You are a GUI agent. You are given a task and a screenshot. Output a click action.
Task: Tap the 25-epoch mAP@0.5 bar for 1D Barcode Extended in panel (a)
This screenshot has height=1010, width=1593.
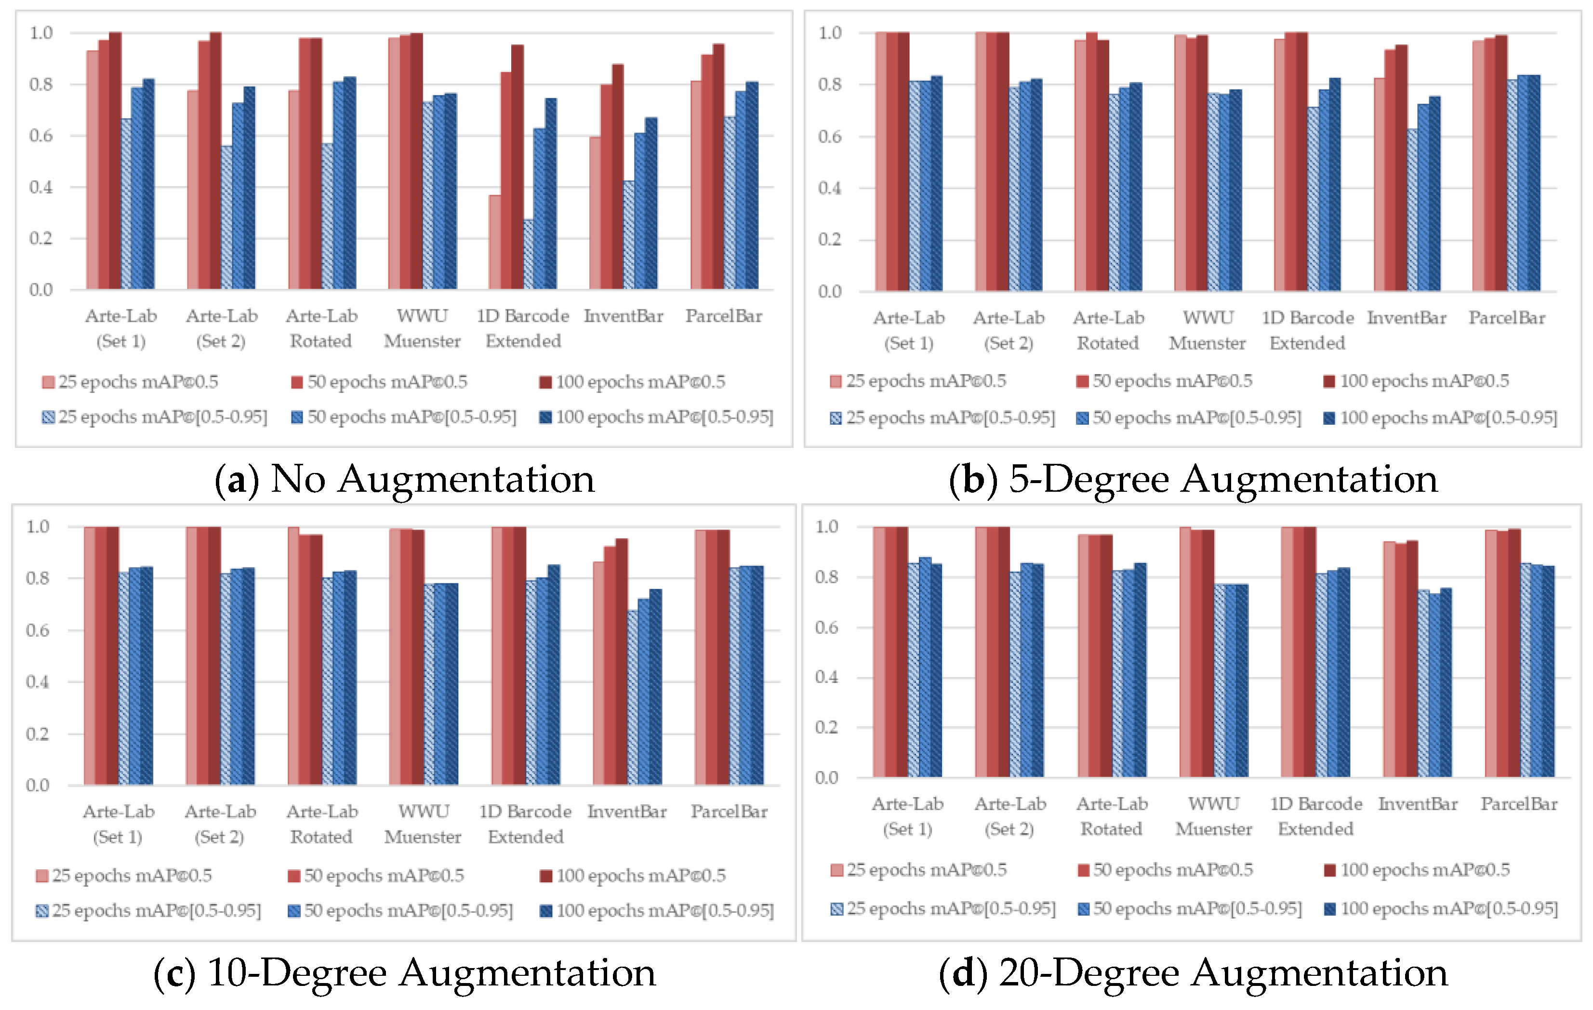[494, 242]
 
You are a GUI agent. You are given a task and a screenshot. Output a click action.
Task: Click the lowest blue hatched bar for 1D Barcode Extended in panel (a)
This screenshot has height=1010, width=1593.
[528, 255]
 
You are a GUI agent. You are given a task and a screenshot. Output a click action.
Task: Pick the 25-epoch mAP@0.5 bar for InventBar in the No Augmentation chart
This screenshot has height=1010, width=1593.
[595, 213]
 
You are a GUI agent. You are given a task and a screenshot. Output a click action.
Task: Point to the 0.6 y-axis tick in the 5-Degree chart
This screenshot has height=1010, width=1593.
[830, 137]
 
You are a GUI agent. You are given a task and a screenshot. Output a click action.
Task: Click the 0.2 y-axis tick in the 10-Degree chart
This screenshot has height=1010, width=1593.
[38, 734]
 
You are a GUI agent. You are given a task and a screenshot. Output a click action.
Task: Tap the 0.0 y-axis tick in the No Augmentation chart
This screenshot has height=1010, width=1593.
[40, 289]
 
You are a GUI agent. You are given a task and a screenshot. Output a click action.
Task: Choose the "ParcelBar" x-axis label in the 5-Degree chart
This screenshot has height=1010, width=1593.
[1506, 318]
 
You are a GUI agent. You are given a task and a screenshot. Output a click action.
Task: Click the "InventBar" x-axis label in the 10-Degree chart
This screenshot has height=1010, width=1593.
[626, 812]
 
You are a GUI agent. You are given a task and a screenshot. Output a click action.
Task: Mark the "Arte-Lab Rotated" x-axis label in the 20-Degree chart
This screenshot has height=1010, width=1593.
[1112, 816]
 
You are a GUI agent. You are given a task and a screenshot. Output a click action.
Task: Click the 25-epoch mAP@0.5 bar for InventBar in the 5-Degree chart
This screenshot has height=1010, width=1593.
[1380, 185]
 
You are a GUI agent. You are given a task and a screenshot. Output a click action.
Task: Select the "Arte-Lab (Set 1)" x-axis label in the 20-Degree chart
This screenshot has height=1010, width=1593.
[907, 816]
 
